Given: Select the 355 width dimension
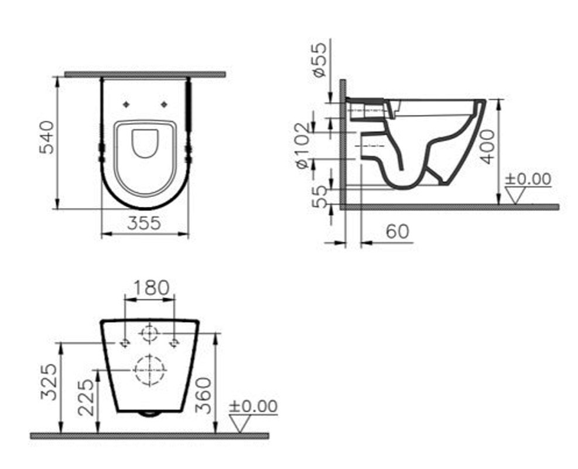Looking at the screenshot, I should point(145,223).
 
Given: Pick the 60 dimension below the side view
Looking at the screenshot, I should point(398,232).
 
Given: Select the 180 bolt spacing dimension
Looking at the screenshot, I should point(151,288).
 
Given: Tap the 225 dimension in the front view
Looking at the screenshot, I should point(86,397).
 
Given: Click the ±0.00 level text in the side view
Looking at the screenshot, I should point(529,179).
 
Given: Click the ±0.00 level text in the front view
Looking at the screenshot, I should point(253,406).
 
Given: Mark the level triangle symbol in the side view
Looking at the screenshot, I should point(514,195).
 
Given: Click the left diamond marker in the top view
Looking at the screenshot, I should point(126,104).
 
